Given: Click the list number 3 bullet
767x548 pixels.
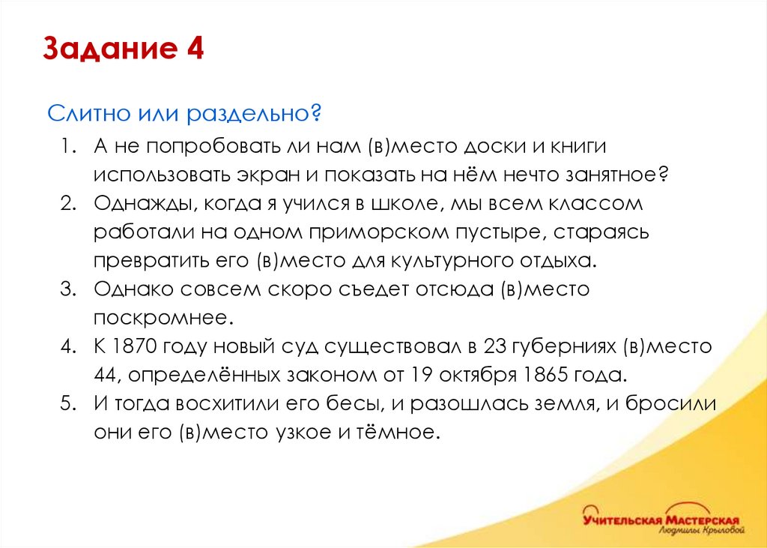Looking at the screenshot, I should pyautogui.click(x=68, y=289).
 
